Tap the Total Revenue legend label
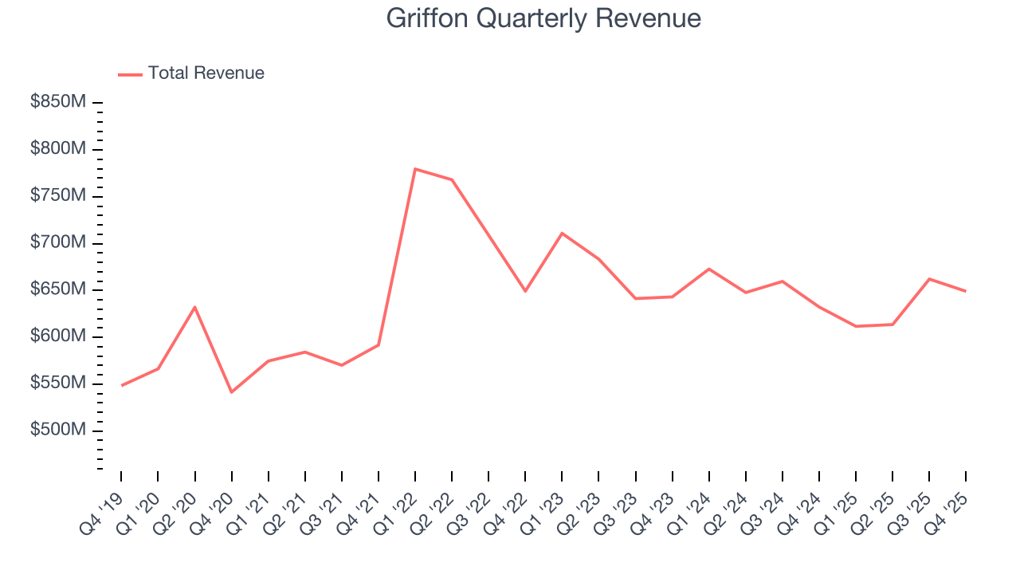click(206, 73)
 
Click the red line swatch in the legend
click(130, 74)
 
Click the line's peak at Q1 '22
click(415, 169)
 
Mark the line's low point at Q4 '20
click(231, 392)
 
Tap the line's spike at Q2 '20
click(194, 307)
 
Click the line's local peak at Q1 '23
click(562, 233)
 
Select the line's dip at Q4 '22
click(525, 291)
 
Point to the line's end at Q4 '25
click(966, 291)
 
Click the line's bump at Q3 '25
click(929, 279)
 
